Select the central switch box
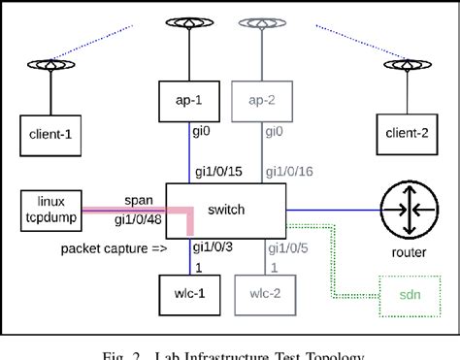tap(226, 208)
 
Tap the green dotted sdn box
tap(407, 290)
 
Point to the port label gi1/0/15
tap(220, 171)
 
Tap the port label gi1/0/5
tap(289, 247)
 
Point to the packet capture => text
tap(112, 248)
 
